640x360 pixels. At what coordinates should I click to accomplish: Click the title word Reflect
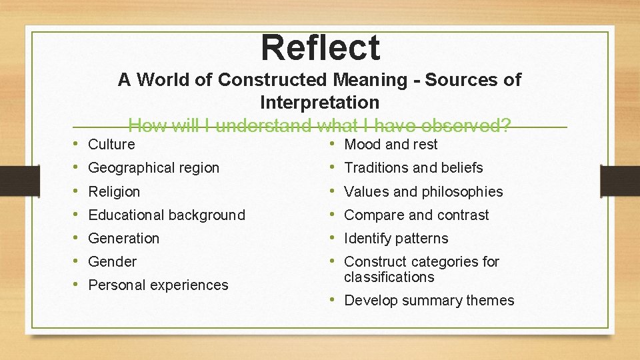[x=320, y=48]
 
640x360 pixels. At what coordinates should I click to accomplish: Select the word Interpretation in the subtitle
[x=319, y=103]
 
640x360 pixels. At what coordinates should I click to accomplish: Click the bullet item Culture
[x=111, y=144]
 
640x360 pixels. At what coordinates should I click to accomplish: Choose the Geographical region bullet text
[x=153, y=168]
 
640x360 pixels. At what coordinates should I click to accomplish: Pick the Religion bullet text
[x=114, y=191]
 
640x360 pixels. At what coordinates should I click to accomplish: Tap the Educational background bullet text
[x=167, y=215]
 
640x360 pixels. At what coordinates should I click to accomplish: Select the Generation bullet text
[x=123, y=238]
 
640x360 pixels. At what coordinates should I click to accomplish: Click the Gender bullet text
[x=112, y=261]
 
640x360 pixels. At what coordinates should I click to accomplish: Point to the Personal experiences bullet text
[x=158, y=285]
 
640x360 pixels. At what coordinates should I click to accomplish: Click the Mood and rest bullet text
[x=391, y=144]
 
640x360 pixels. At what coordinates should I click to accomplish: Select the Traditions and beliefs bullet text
[x=413, y=168]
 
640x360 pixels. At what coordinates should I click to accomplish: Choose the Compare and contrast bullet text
[x=416, y=215]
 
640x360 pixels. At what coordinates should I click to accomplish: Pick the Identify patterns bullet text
[x=396, y=238]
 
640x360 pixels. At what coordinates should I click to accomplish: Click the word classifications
[x=389, y=277]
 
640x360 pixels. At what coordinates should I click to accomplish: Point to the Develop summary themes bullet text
[x=429, y=300]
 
